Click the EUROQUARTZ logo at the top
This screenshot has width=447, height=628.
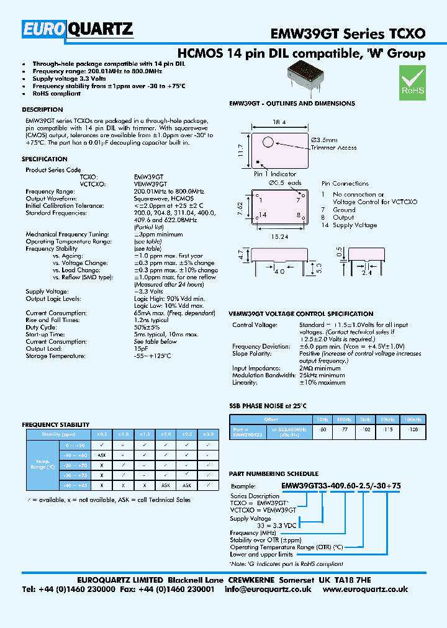pyautogui.click(x=78, y=29)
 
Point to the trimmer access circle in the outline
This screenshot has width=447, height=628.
pyautogui.click(x=268, y=142)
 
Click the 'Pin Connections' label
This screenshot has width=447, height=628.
pyautogui.click(x=345, y=184)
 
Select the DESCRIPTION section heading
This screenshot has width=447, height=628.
pyautogui.click(x=42, y=110)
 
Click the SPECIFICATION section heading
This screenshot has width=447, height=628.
pyautogui.click(x=45, y=159)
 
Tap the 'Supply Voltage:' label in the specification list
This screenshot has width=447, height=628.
pyautogui.click(x=47, y=291)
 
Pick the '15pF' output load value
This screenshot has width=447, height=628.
pyautogui.click(x=141, y=349)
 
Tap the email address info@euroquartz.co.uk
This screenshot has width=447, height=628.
pyautogui.click(x=270, y=590)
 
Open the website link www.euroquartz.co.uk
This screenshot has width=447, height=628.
pyautogui.click(x=365, y=590)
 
